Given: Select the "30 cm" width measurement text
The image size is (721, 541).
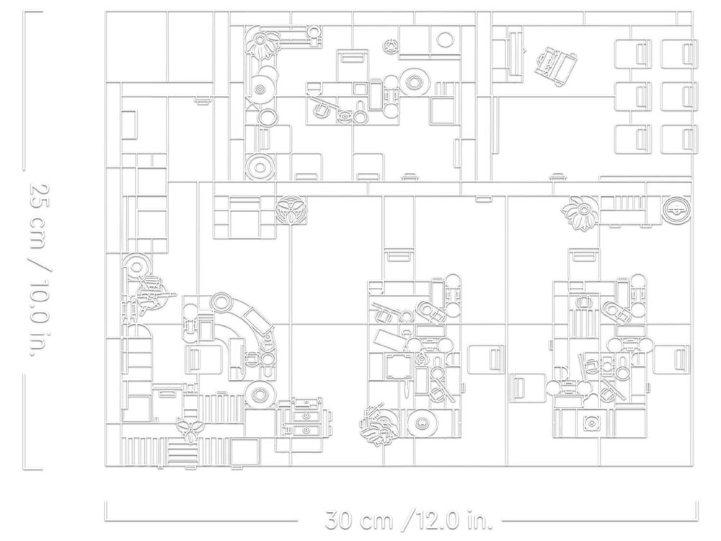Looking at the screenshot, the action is tap(360, 520).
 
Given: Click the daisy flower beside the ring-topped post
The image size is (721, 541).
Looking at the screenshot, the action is tap(261, 43).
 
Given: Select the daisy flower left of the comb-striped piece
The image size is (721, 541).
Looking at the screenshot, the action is tap(580, 211).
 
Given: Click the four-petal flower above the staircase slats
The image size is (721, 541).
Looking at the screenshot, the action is tap(190, 430).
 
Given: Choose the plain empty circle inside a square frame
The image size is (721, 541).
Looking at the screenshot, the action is tap(445, 40).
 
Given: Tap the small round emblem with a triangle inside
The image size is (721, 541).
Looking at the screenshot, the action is tap(392, 45).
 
